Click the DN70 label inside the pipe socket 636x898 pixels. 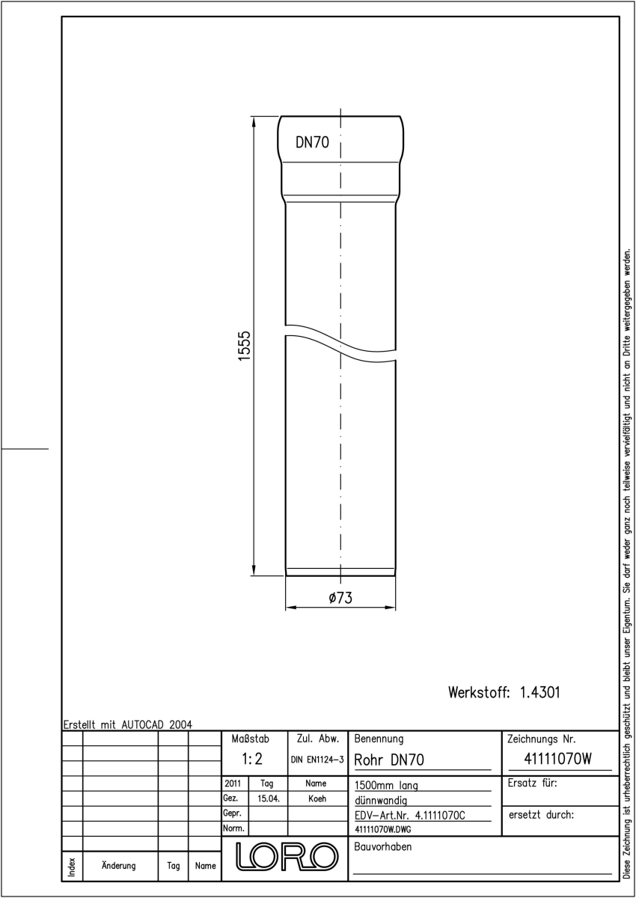tap(312, 142)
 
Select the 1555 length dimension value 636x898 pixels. tap(244, 346)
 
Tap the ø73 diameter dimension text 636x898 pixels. tap(340, 598)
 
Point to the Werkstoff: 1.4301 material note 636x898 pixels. tap(504, 692)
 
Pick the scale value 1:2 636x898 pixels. tap(252, 759)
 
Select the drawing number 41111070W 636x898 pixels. tap(558, 759)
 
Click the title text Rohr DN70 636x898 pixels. tap(389, 760)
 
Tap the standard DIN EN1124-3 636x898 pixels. tap(317, 760)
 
